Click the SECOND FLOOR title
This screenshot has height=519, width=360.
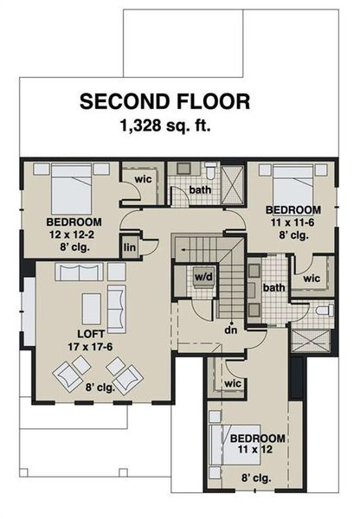coord(165,102)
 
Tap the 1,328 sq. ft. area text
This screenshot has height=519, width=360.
coord(165,125)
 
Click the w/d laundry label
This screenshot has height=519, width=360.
coord(204,278)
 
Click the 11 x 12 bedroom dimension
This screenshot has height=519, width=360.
coord(258,450)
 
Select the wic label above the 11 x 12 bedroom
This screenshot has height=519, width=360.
coord(231,382)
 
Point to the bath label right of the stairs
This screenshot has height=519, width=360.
coord(274,287)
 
